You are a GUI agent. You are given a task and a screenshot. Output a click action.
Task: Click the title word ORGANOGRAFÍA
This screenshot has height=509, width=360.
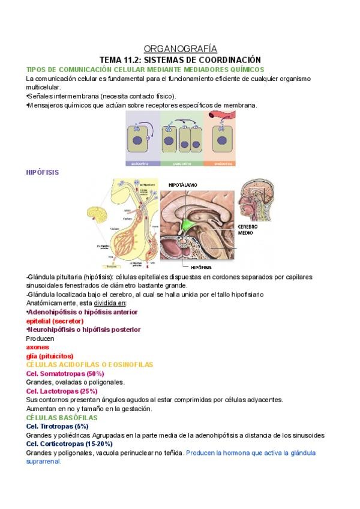tap(181, 49)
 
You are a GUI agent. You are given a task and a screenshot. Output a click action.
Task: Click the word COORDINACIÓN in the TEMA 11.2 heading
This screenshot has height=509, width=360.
tap(229, 60)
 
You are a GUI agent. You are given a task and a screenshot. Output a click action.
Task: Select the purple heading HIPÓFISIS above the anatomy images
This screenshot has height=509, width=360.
tap(43, 172)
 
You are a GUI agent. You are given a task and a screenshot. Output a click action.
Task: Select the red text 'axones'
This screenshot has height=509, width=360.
tap(38, 347)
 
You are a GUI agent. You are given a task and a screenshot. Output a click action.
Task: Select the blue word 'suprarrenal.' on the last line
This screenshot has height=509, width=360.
tap(44, 462)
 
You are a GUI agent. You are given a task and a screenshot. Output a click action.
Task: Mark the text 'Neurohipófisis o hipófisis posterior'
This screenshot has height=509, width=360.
tap(85, 330)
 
